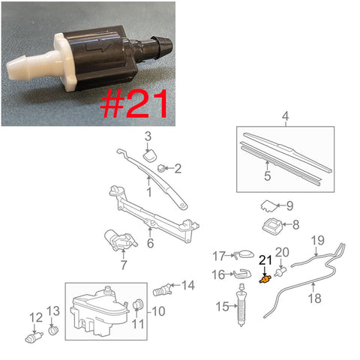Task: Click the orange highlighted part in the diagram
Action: [265, 279]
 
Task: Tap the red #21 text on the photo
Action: [133, 103]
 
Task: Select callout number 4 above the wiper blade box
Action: [285, 116]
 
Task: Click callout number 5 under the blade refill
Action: [268, 175]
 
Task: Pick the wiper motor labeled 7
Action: [121, 240]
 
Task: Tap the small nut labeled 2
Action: [160, 168]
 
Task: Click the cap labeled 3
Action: [151, 155]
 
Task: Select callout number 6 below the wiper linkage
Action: [150, 243]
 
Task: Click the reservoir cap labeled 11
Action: [136, 304]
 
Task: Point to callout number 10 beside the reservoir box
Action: [158, 311]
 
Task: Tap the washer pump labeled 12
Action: [34, 337]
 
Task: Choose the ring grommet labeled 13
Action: [53, 331]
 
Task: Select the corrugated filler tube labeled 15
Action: [241, 305]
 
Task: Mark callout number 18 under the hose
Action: [315, 298]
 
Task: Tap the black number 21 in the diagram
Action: [265, 260]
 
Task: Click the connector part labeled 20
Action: [280, 271]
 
